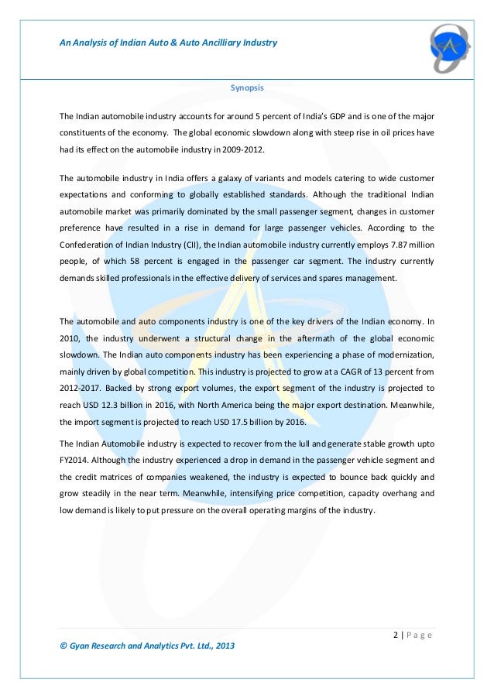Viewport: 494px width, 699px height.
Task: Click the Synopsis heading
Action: coord(247,88)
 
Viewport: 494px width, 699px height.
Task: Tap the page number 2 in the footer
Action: coord(396,636)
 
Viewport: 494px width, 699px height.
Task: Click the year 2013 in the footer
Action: coord(225,646)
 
